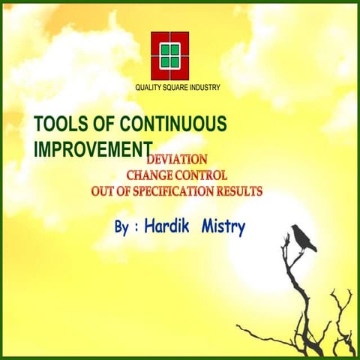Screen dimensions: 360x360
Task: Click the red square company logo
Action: tap(169, 55)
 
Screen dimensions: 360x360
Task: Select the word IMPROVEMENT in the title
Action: tap(93, 148)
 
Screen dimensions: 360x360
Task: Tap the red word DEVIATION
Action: tap(177, 160)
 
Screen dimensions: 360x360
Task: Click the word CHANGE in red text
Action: tap(151, 175)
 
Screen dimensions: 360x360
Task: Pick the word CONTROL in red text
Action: tap(202, 175)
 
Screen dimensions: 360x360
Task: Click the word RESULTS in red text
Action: tap(238, 191)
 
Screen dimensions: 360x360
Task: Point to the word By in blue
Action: tap(122, 226)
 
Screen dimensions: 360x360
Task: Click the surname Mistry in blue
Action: tap(223, 226)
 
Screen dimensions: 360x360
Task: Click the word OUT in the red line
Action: tap(103, 191)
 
